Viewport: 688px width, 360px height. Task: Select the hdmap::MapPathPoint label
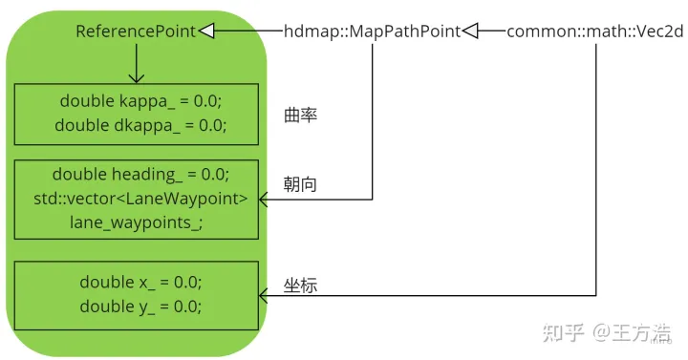click(374, 32)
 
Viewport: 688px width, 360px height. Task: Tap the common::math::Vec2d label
click(593, 32)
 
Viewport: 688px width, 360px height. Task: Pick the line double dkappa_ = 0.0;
click(140, 125)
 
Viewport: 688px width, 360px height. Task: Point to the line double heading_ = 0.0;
click(140, 175)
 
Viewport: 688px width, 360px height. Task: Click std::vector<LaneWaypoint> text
click(140, 199)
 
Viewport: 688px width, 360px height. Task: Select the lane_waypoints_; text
click(136, 222)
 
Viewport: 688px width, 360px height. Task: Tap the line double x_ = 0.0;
click(140, 283)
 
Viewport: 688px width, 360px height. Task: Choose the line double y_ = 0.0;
click(140, 307)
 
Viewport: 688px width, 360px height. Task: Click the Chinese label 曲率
click(300, 116)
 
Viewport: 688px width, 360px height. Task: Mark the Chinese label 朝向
click(300, 185)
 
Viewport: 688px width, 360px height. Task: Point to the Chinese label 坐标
click(300, 285)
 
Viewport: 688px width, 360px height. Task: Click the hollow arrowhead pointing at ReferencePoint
click(206, 32)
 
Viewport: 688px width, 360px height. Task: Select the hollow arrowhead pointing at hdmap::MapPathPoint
click(470, 32)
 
